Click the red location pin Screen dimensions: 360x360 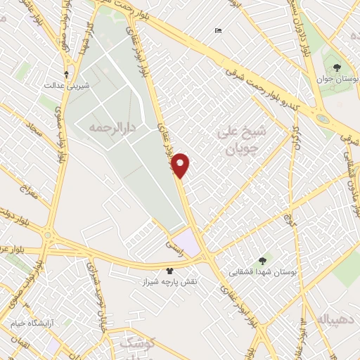181,165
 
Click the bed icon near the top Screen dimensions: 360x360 218,30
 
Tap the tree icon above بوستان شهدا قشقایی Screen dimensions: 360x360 264,259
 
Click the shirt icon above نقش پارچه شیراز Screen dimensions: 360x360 169,269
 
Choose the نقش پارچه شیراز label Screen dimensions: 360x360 170,281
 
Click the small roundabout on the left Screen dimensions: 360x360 48,235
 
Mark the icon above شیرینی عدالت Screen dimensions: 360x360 67,74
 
